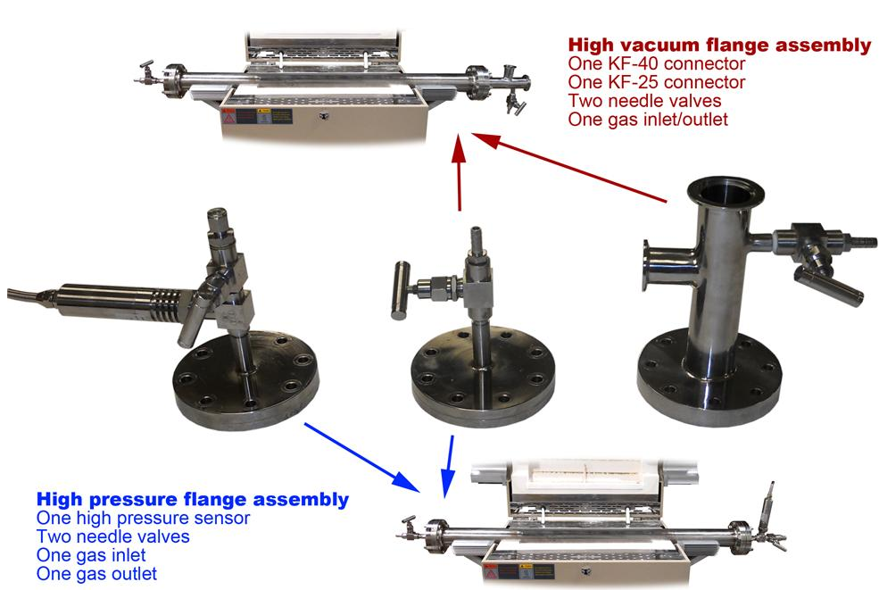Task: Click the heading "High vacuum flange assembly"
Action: point(720,45)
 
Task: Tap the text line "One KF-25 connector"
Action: point(657,82)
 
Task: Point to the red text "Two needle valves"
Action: point(644,100)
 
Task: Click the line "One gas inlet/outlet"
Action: point(648,119)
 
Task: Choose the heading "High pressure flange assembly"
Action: point(193,499)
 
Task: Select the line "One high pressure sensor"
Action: point(143,518)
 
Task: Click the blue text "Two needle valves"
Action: point(113,536)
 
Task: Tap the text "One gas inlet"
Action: point(91,554)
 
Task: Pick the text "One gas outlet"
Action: point(96,573)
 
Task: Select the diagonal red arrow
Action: point(569,167)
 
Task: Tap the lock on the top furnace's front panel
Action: point(323,117)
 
